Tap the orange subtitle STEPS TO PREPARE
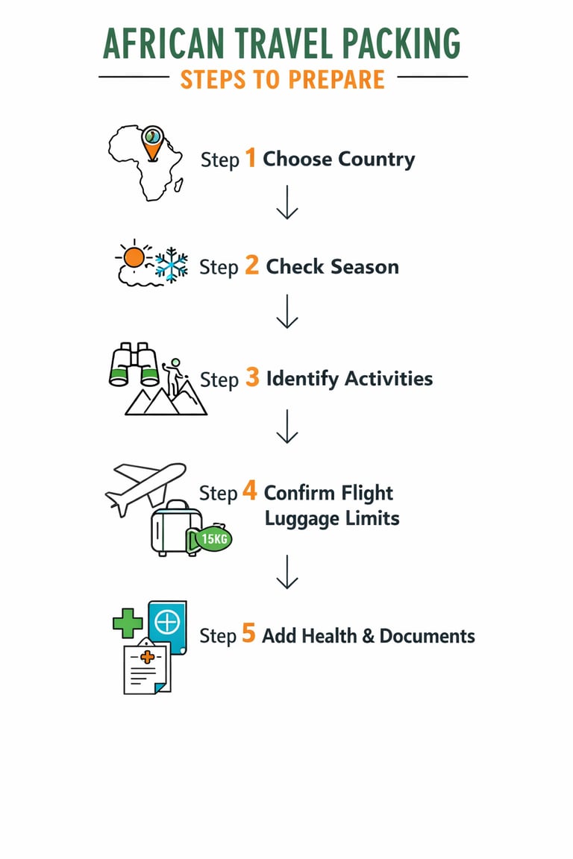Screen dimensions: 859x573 [x=283, y=79]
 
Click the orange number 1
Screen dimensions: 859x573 [x=251, y=158]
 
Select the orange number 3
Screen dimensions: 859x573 [x=252, y=378]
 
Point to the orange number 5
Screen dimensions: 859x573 [x=248, y=635]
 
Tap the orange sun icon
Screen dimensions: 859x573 [x=134, y=257]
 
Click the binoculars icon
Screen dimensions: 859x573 [x=135, y=365]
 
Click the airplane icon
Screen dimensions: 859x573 [x=145, y=485]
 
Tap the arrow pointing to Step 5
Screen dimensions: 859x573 [x=286, y=572]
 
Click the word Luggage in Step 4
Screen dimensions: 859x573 [x=302, y=517]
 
